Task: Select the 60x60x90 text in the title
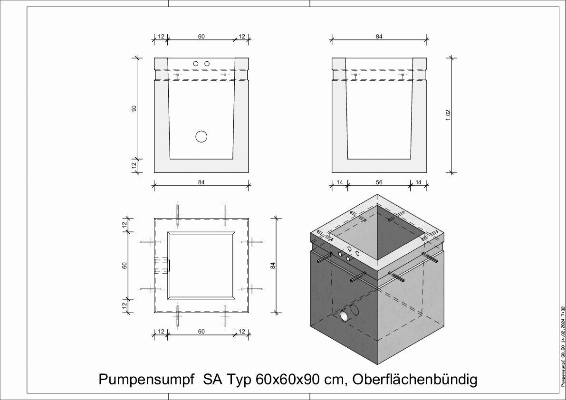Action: tap(289, 380)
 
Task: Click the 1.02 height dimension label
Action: tap(448, 115)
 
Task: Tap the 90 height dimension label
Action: tap(134, 108)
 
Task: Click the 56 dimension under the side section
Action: tap(379, 182)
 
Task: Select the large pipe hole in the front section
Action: tap(201, 136)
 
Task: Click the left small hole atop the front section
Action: tap(195, 64)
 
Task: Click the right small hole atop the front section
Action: tap(207, 64)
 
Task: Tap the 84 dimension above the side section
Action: tap(379, 37)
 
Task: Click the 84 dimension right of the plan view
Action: tap(273, 266)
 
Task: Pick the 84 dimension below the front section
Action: tap(201, 182)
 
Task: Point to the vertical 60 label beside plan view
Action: tap(125, 266)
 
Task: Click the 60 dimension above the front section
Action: tap(201, 37)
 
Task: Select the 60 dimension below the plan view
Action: tap(201, 331)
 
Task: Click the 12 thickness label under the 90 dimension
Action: tap(134, 165)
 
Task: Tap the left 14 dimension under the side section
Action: tap(340, 182)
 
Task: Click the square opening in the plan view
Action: tap(201, 266)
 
